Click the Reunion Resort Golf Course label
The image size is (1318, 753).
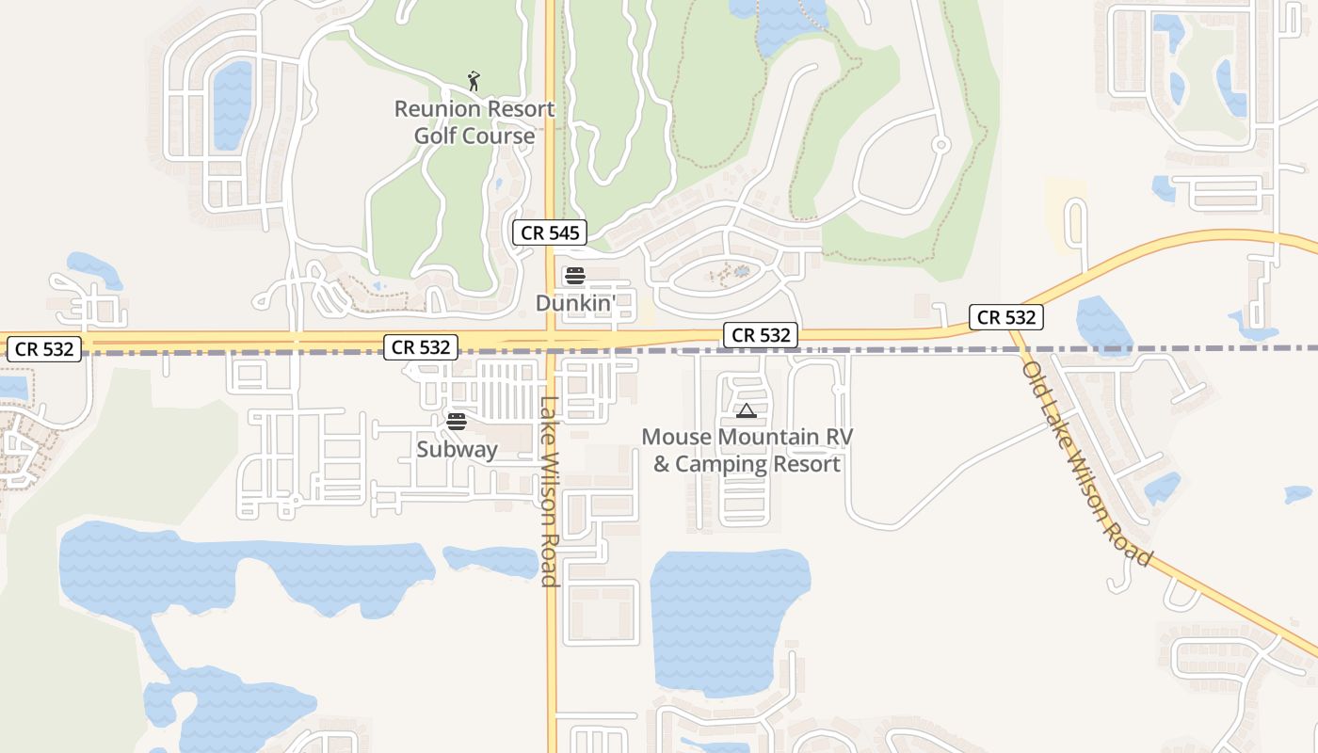pos(474,122)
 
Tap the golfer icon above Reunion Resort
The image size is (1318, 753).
pos(474,81)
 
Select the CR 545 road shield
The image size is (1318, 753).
pos(550,232)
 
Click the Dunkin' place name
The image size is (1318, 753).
pos(575,303)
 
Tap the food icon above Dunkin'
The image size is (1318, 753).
pos(574,276)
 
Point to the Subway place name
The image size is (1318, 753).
pos(457,450)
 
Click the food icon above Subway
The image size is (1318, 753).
pos(457,421)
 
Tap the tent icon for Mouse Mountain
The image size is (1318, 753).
pos(747,410)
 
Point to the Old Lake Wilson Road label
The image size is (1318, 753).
pos(1086,464)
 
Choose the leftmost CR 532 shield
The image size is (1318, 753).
pos(44,349)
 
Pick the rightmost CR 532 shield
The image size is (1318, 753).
pos(1007,317)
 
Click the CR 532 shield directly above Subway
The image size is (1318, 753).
pos(421,347)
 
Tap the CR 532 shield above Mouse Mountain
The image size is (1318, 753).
pos(761,334)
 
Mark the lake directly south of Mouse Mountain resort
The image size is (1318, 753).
pos(725,617)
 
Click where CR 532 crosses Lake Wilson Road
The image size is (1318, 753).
pos(551,340)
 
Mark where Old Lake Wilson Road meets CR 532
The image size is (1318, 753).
pos(1013,326)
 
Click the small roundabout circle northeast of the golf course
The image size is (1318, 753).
pos(940,145)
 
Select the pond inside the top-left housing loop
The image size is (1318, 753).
pos(232,104)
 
